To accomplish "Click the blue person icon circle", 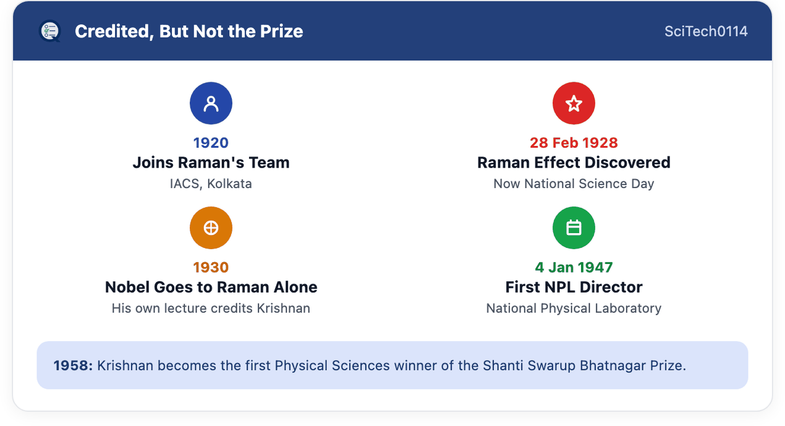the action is pyautogui.click(x=211, y=103).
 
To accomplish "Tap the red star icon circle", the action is pyautogui.click(x=574, y=103).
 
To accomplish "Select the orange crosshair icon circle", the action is pyautogui.click(x=211, y=228).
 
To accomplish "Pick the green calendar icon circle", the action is pyautogui.click(x=574, y=228).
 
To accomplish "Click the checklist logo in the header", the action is pyautogui.click(x=50, y=31).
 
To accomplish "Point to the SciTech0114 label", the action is pyautogui.click(x=706, y=31).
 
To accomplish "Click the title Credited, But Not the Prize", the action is pyautogui.click(x=189, y=31).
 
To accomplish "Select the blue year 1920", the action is pyautogui.click(x=211, y=143).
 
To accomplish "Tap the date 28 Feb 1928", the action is pyautogui.click(x=574, y=143).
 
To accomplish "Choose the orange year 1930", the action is pyautogui.click(x=211, y=268).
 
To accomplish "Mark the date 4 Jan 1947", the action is pyautogui.click(x=574, y=268).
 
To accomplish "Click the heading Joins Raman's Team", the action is pyautogui.click(x=211, y=163).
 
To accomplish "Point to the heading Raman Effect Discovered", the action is pyautogui.click(x=574, y=163).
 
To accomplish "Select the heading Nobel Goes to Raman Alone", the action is pyautogui.click(x=211, y=287).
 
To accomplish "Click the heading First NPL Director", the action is pyautogui.click(x=574, y=287).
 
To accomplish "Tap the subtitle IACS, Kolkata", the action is pyautogui.click(x=211, y=184).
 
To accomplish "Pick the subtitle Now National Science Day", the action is pyautogui.click(x=574, y=184).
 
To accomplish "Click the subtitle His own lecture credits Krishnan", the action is pyautogui.click(x=211, y=308).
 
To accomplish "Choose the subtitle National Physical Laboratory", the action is pyautogui.click(x=574, y=308).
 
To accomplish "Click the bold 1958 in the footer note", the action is pyautogui.click(x=73, y=365).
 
